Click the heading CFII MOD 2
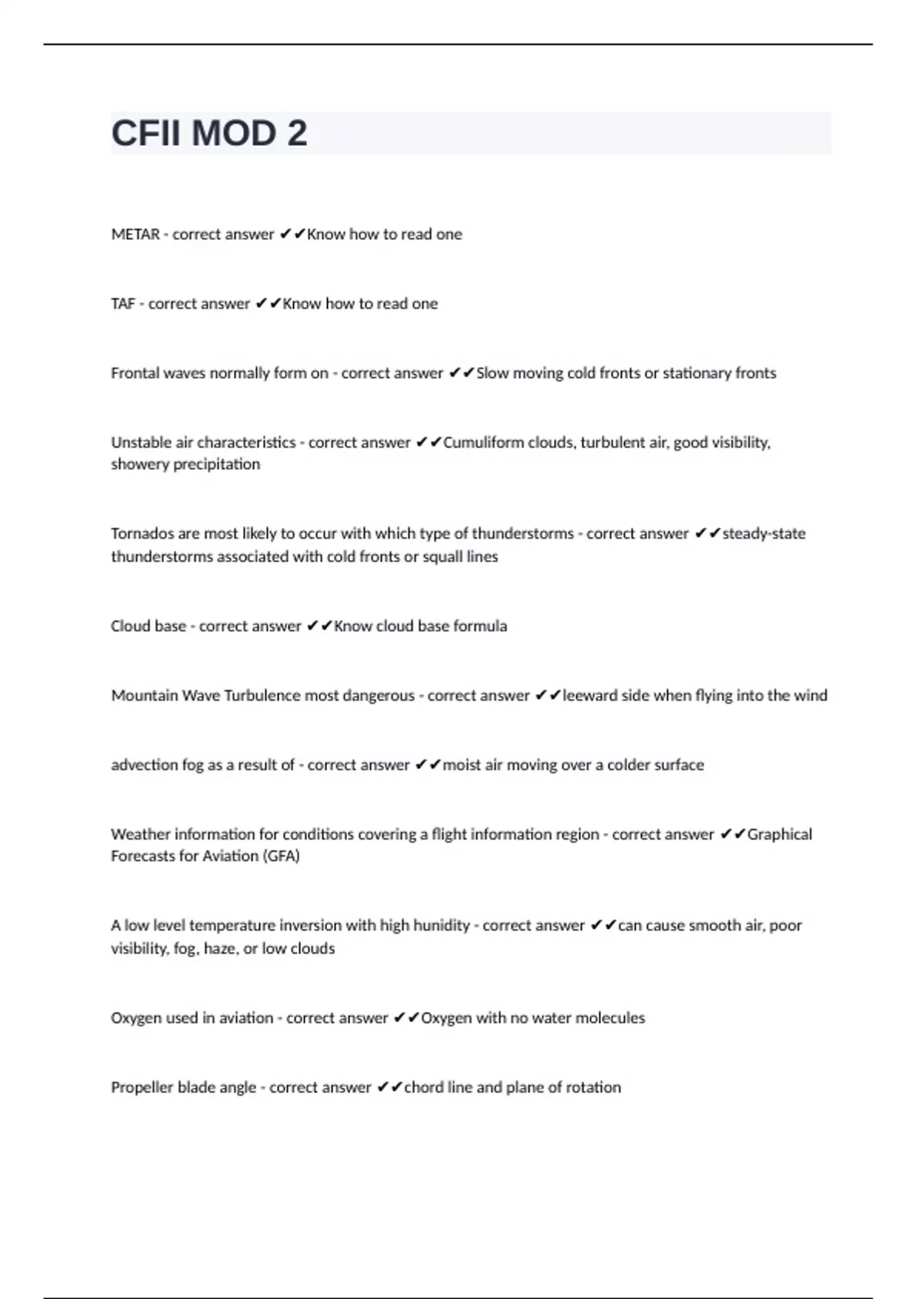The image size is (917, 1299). [209, 134]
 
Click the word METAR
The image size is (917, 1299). [135, 235]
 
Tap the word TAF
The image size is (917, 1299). [123, 304]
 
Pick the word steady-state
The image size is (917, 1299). [763, 533]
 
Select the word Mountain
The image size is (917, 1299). [144, 695]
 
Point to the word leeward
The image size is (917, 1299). [589, 695]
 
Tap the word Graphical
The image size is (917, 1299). [779, 834]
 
